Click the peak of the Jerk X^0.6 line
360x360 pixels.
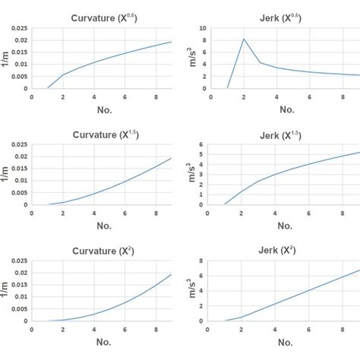click(244, 39)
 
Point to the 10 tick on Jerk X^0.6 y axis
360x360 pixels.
click(204, 28)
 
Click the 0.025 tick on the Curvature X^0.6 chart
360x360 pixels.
click(17, 28)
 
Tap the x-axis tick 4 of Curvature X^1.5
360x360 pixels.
click(93, 212)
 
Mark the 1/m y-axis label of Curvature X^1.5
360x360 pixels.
click(7, 174)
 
